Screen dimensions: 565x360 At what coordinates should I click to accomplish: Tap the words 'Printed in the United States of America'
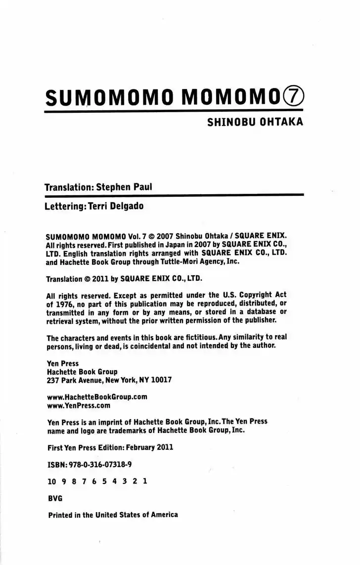[x=112, y=515]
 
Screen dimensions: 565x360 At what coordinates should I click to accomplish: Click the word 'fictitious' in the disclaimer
[x=196, y=338]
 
